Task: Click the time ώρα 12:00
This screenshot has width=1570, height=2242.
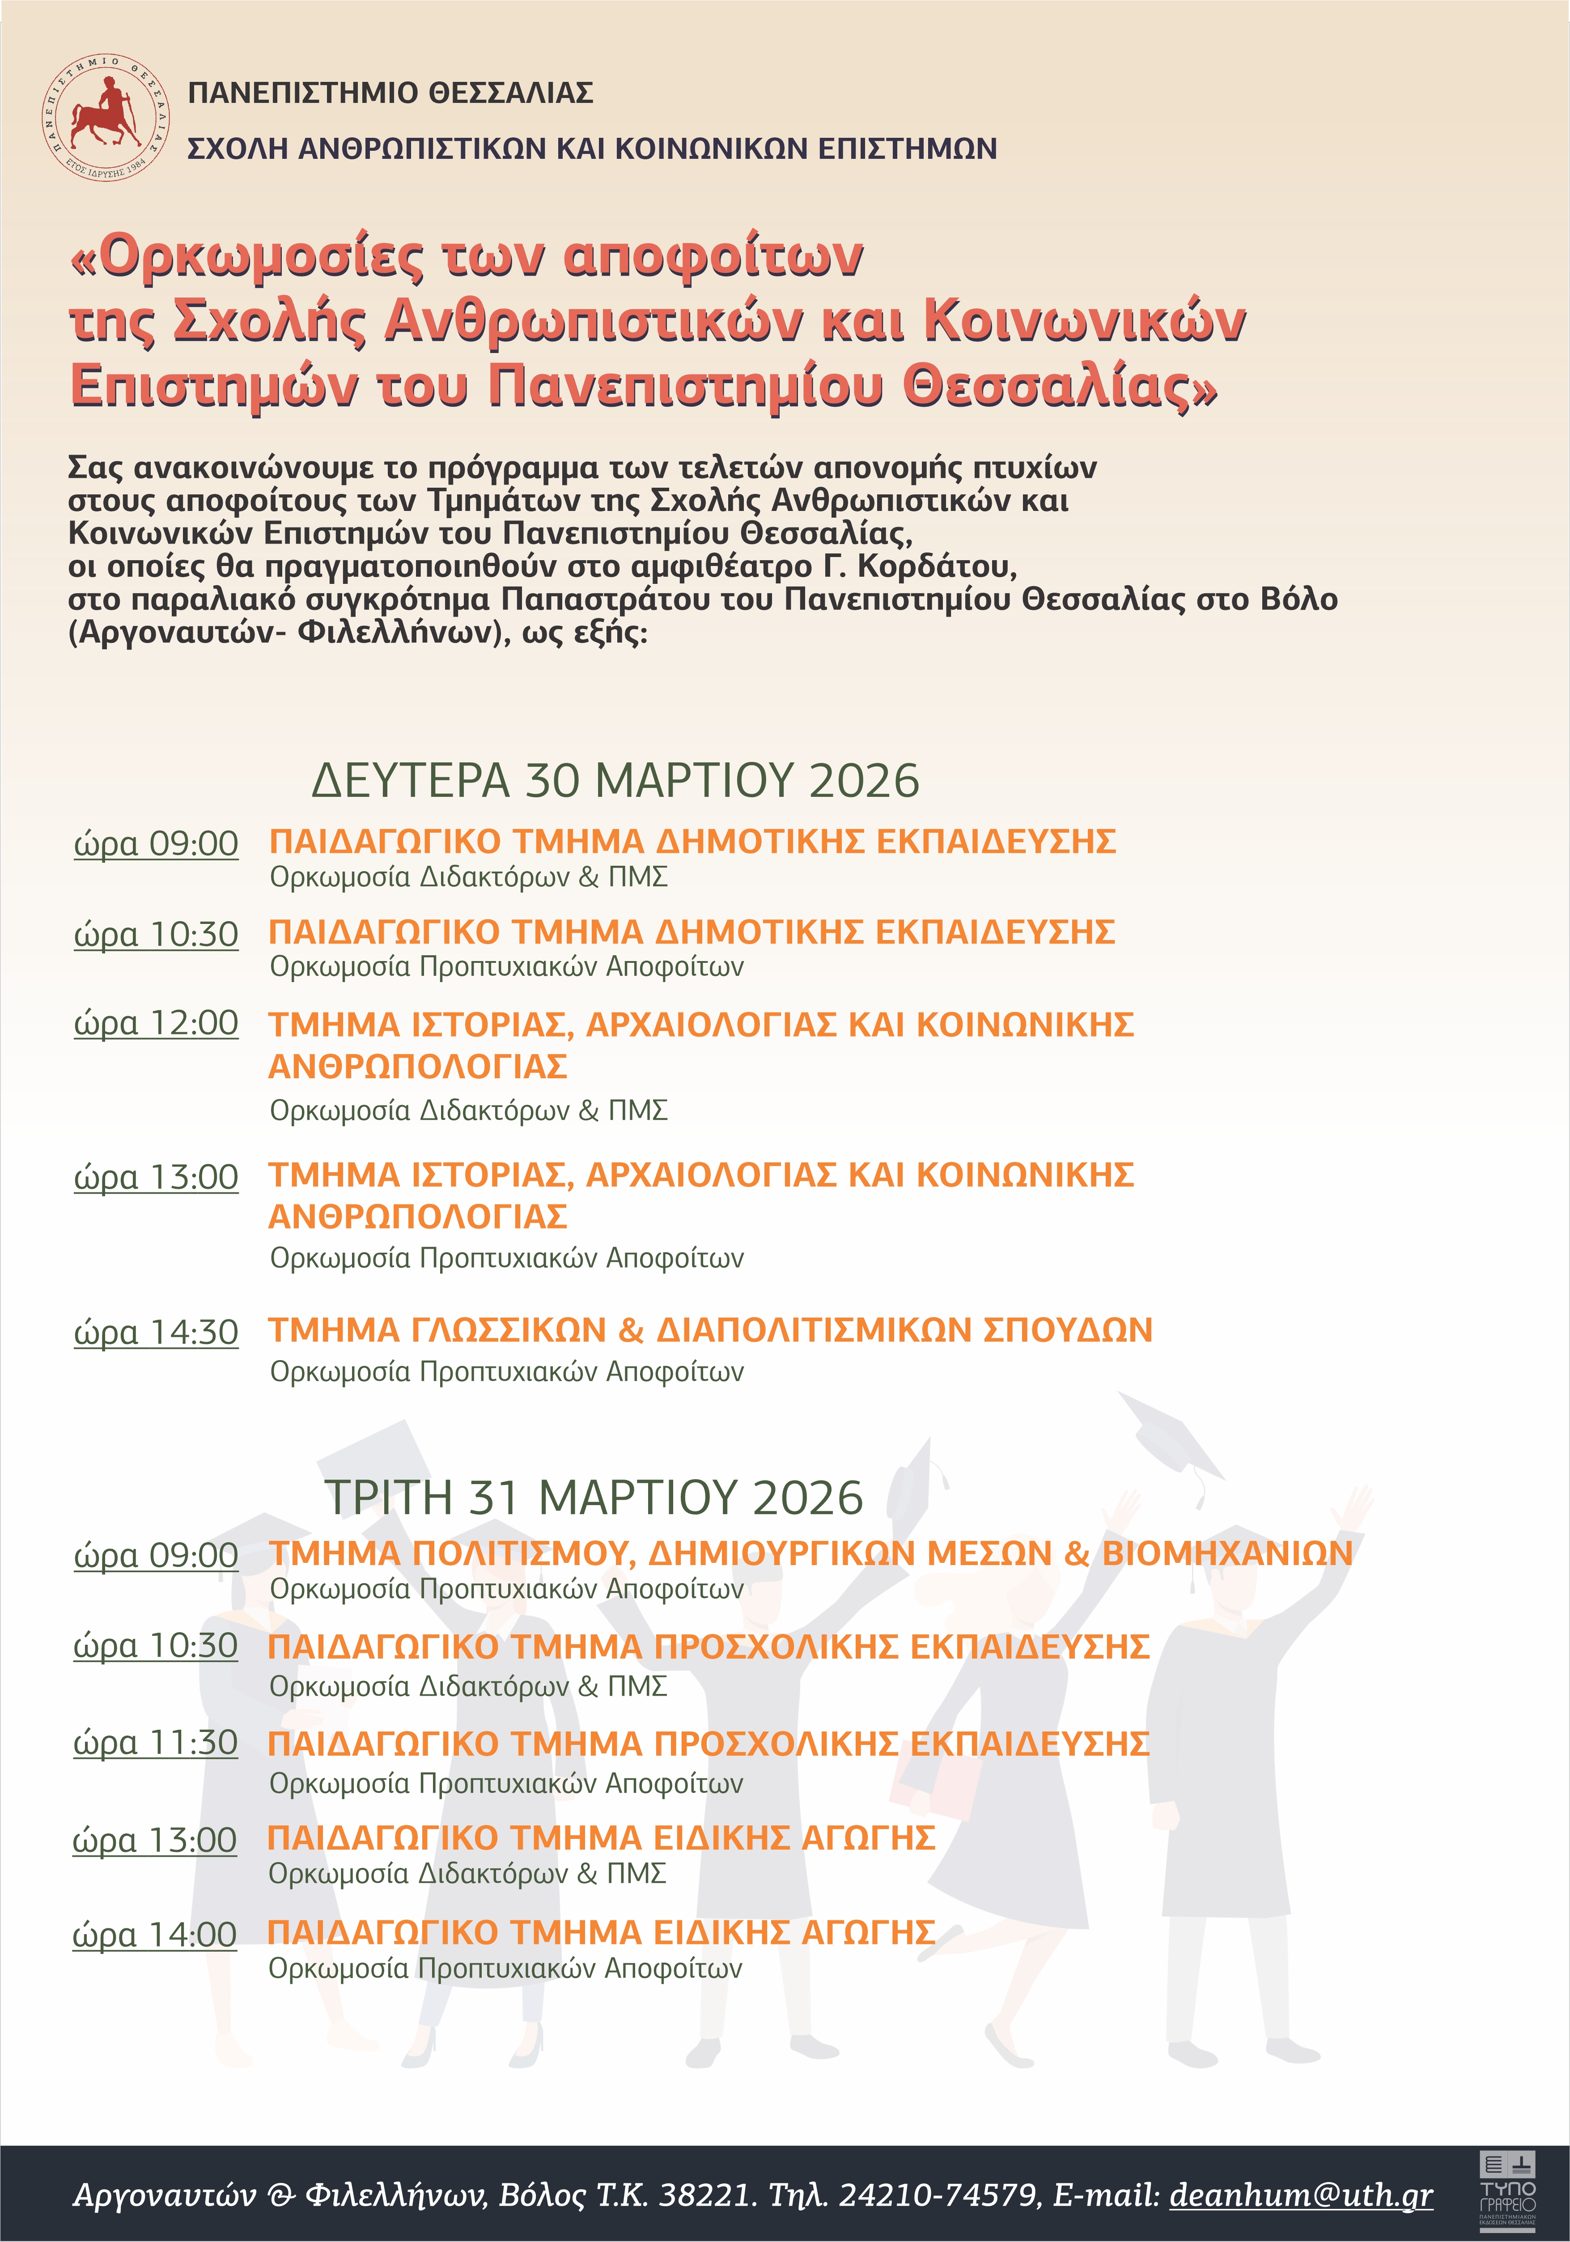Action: point(156,1023)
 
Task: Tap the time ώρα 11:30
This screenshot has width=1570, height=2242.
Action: point(155,1743)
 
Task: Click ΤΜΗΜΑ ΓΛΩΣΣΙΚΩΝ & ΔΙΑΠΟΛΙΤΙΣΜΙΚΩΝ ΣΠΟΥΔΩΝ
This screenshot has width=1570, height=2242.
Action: point(711,1330)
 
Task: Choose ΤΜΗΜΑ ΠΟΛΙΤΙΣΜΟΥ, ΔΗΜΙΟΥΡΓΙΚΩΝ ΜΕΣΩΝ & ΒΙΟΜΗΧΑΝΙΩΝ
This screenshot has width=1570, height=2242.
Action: point(810,1553)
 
